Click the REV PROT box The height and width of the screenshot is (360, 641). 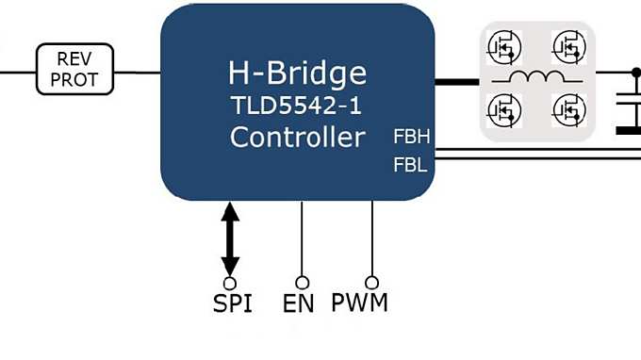click(x=74, y=70)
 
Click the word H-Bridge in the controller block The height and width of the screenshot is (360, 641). click(x=297, y=73)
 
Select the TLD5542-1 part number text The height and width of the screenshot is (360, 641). click(x=297, y=105)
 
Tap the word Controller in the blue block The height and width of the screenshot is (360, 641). click(x=297, y=138)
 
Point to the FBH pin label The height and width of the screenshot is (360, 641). click(x=411, y=138)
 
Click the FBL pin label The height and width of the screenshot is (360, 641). click(x=410, y=165)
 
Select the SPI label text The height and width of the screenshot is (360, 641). click(x=232, y=303)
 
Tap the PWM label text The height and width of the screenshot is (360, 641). click(x=359, y=303)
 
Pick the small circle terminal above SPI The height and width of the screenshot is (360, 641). click(x=229, y=283)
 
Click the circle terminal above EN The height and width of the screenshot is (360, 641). click(x=302, y=282)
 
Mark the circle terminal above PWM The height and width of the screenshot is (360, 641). click(x=371, y=282)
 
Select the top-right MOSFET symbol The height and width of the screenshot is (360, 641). click(x=568, y=46)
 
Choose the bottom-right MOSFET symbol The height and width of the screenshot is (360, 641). click(x=568, y=110)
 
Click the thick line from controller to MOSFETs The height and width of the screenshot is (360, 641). click(x=456, y=81)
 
